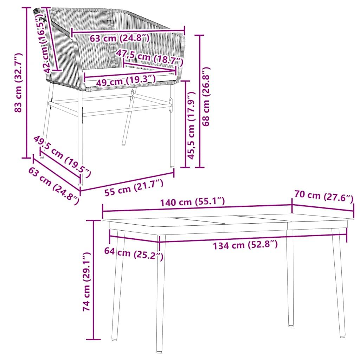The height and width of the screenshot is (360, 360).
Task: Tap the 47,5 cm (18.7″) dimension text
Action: [149, 57]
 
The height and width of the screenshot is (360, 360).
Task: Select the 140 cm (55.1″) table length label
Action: [192, 202]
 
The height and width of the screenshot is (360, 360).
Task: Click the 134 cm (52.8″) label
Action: [245, 245]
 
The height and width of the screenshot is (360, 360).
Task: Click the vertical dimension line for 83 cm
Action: [26, 83]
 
